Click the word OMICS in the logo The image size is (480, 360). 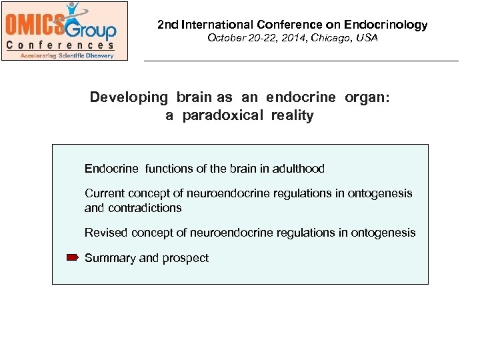click(x=35, y=25)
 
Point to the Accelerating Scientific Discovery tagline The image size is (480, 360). click(x=64, y=55)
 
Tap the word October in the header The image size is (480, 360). click(x=225, y=39)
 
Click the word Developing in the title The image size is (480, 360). click(x=129, y=97)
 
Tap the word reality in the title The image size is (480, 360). click(x=292, y=116)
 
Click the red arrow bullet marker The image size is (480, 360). click(x=73, y=257)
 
